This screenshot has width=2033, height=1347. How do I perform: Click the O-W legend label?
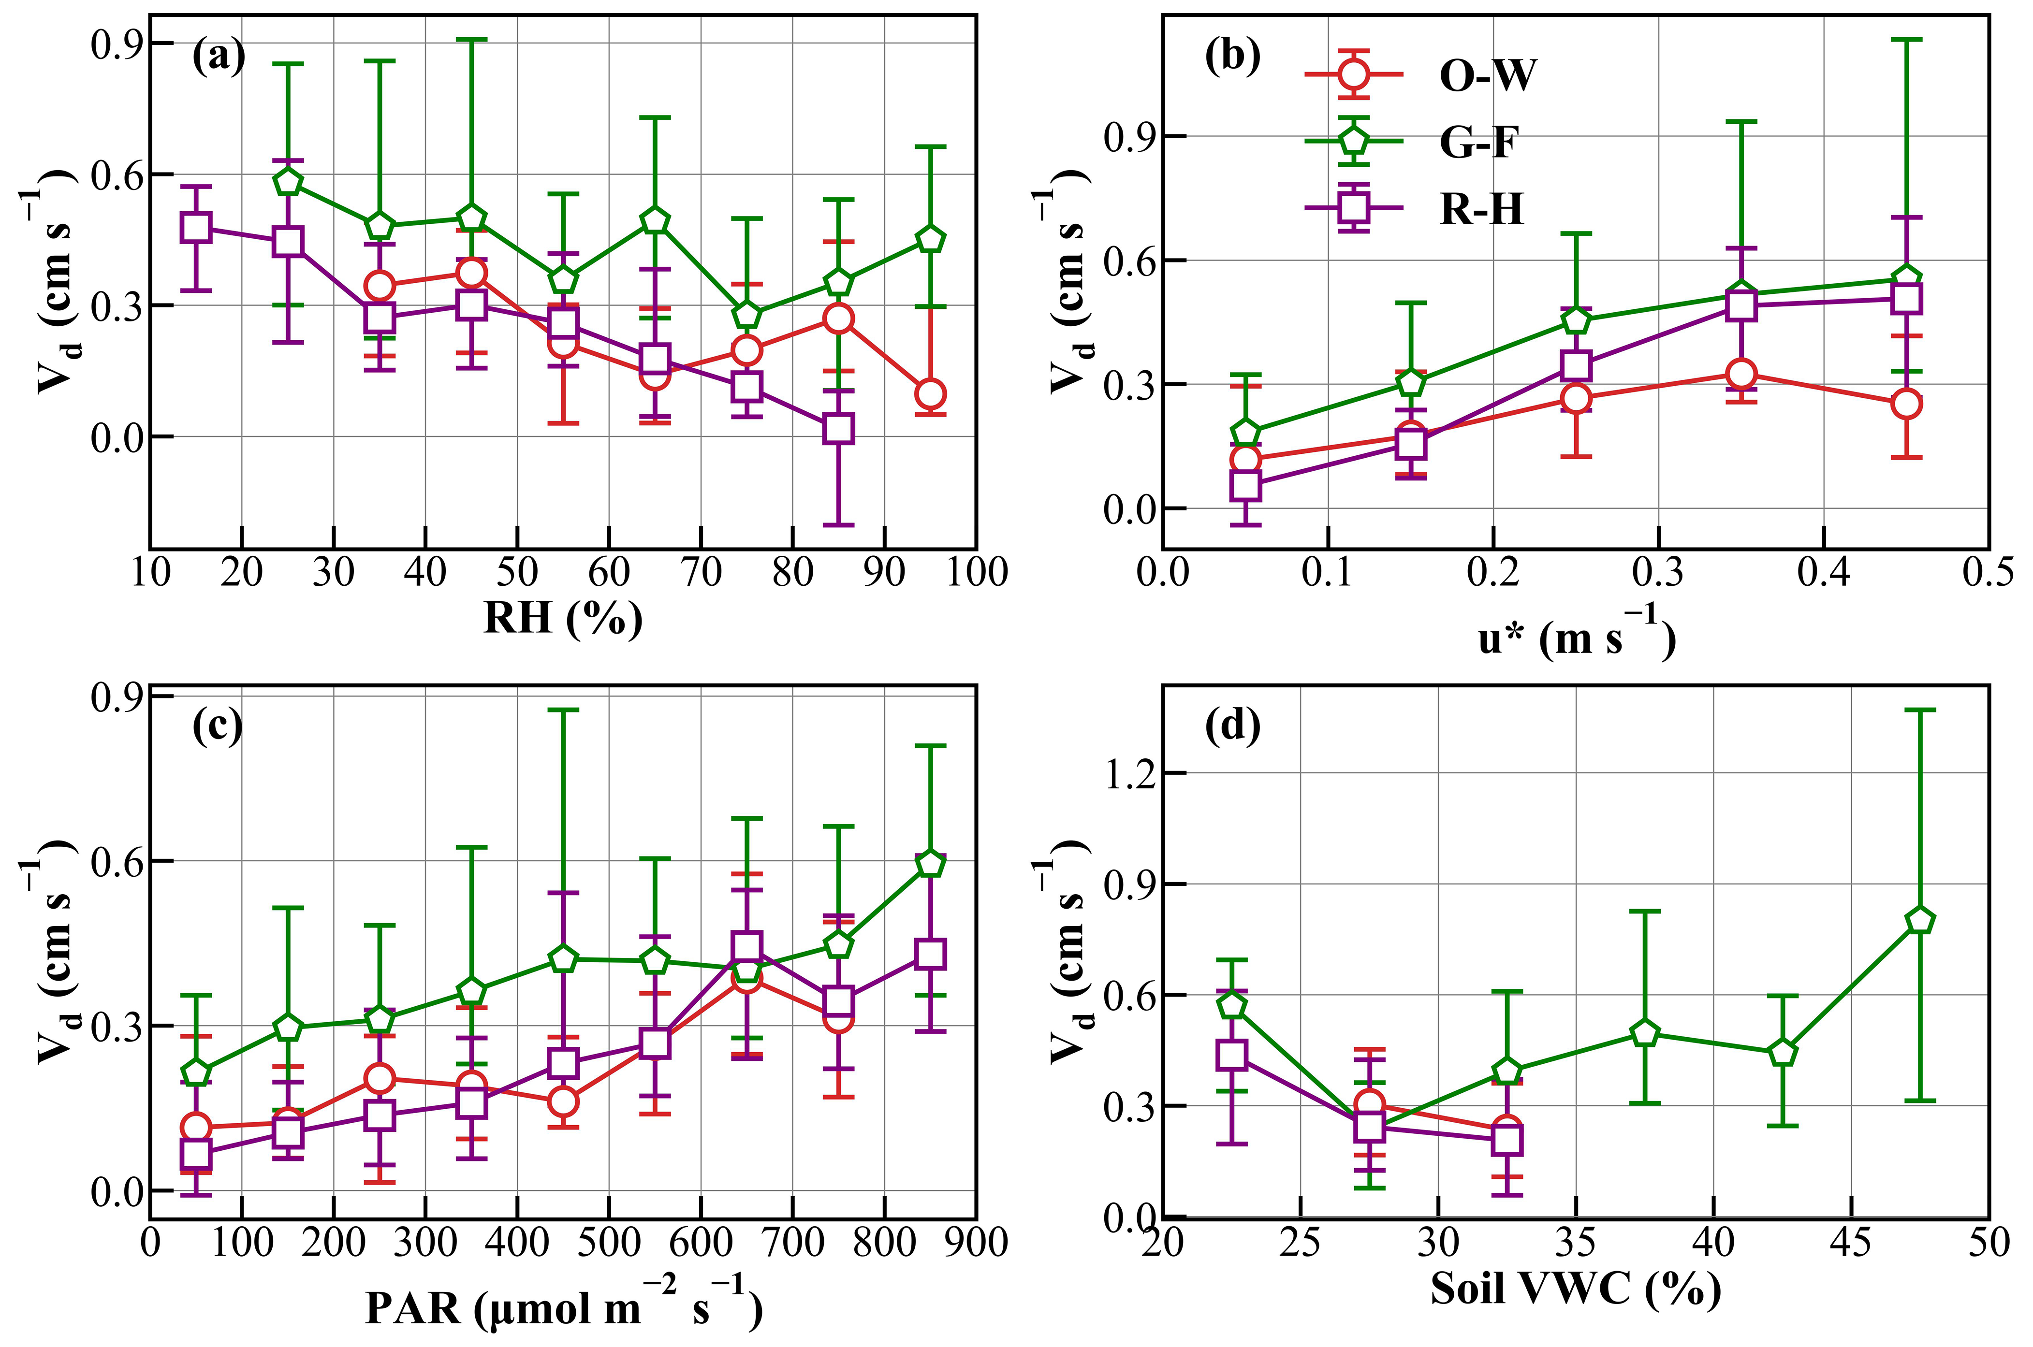coord(1487,75)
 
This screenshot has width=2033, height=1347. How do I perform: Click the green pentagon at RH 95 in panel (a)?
coord(931,239)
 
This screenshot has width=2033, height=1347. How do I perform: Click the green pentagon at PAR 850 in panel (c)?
coord(931,863)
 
